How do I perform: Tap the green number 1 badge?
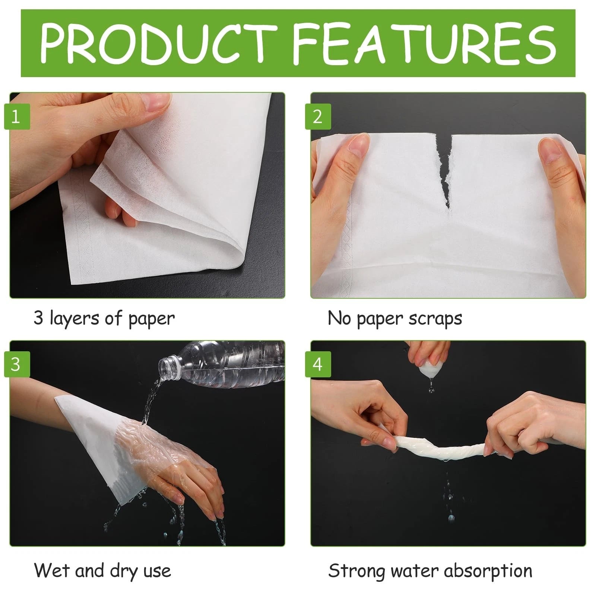pos(17,117)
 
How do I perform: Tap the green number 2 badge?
pos(318,117)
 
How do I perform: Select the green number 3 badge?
pos(17,364)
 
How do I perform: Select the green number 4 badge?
pos(318,364)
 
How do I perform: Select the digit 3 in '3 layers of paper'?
pos(39,318)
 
